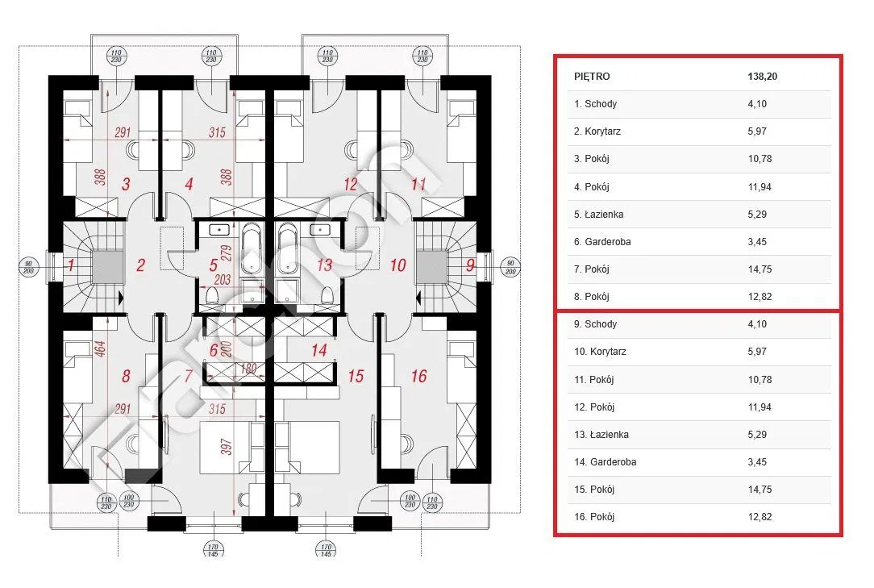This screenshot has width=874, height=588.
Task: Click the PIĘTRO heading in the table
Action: tap(591, 77)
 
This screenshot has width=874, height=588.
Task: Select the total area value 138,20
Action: tap(762, 77)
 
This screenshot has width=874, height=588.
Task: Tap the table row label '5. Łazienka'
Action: tap(598, 215)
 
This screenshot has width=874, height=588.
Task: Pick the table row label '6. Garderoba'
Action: tap(602, 241)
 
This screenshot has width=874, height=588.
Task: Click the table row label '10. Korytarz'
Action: tap(600, 352)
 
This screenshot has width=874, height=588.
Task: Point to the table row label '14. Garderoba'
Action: tap(605, 462)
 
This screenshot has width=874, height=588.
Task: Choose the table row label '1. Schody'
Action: tap(595, 104)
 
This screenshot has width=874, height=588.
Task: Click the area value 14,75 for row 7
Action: tap(760, 269)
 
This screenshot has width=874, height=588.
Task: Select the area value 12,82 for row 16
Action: tap(760, 516)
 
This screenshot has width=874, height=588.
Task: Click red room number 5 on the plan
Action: tap(213, 265)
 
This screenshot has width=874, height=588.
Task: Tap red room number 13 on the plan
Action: tap(324, 265)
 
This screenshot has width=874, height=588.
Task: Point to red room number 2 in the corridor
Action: tap(140, 265)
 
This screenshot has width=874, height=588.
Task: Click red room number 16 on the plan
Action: tap(419, 376)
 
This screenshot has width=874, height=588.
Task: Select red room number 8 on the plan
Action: tap(126, 376)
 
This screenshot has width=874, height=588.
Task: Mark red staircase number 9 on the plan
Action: tap(470, 265)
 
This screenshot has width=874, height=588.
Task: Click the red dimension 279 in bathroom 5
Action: tap(226, 253)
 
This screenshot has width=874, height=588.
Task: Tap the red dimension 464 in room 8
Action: tap(100, 348)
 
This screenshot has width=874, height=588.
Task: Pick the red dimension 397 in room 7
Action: tap(226, 447)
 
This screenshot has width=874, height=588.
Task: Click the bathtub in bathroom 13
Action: tap(288, 248)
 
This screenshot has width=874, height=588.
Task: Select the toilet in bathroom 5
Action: tap(212, 294)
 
